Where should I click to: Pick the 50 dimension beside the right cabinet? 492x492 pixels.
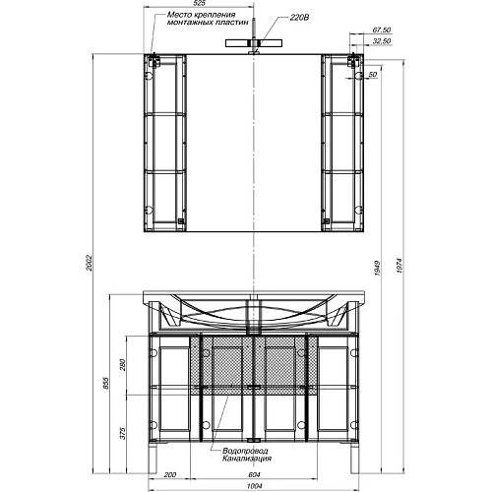pos(373,75)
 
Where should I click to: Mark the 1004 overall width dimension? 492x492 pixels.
pos(254,484)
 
